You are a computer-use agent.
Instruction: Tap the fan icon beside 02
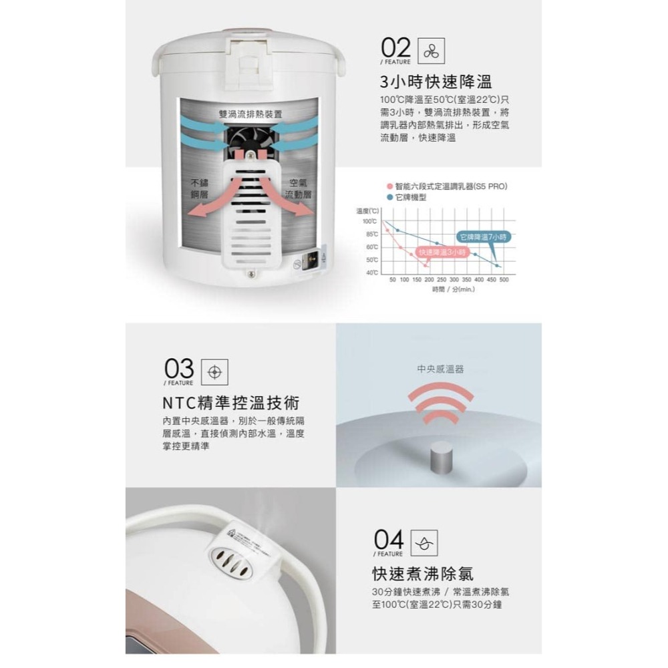pos(429,51)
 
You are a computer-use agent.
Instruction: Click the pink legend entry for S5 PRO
pos(446,187)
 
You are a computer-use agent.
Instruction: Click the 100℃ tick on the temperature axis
pos(370,221)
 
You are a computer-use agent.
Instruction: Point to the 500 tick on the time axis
pos(504,279)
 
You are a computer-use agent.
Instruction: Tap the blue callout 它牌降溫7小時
pos(483,237)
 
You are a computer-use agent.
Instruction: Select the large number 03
pos(178,369)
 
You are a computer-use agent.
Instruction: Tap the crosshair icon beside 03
pos(214,371)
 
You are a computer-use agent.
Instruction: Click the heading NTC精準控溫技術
pos(230,403)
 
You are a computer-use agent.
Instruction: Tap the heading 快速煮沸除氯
pos(422,573)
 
